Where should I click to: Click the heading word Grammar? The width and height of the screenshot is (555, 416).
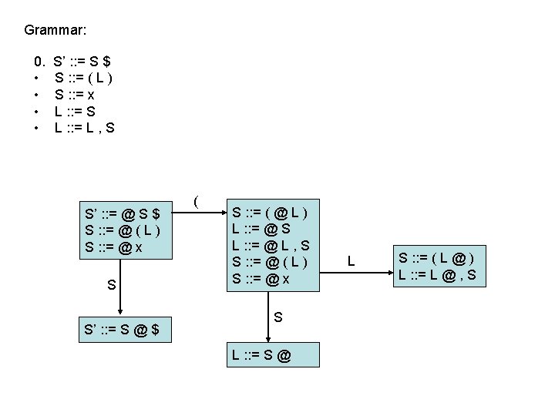tap(55, 31)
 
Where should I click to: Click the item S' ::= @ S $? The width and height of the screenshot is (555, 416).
tap(123, 213)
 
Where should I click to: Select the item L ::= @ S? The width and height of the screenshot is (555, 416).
tap(261, 229)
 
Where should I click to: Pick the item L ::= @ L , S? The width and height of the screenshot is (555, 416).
tap(271, 246)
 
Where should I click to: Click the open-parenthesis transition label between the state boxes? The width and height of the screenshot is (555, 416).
tap(197, 202)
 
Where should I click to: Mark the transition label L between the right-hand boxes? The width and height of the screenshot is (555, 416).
tap(351, 263)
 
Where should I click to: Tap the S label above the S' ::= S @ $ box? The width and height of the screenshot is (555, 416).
tap(112, 285)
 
